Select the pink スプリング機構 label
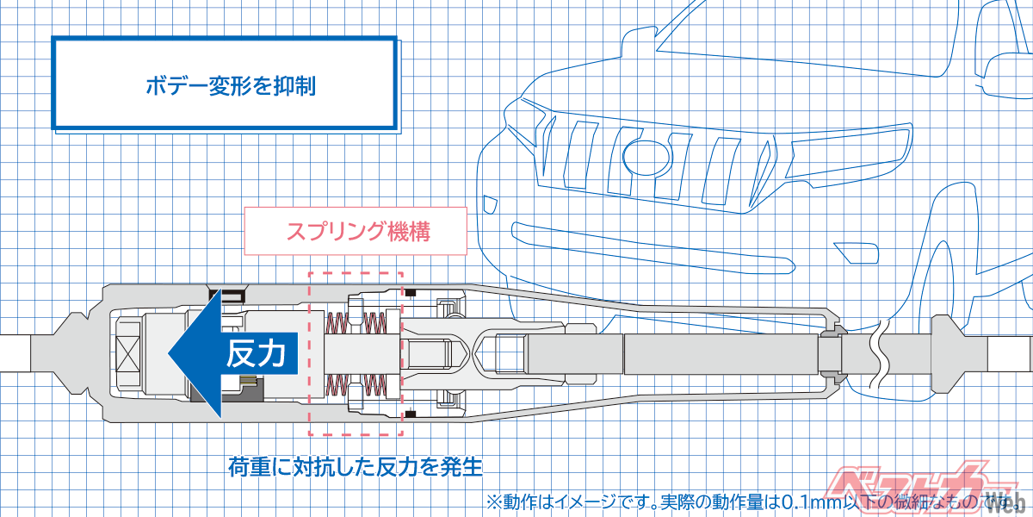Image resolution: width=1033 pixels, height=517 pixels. click(357, 231)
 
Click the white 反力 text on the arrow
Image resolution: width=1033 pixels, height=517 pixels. click(256, 354)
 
